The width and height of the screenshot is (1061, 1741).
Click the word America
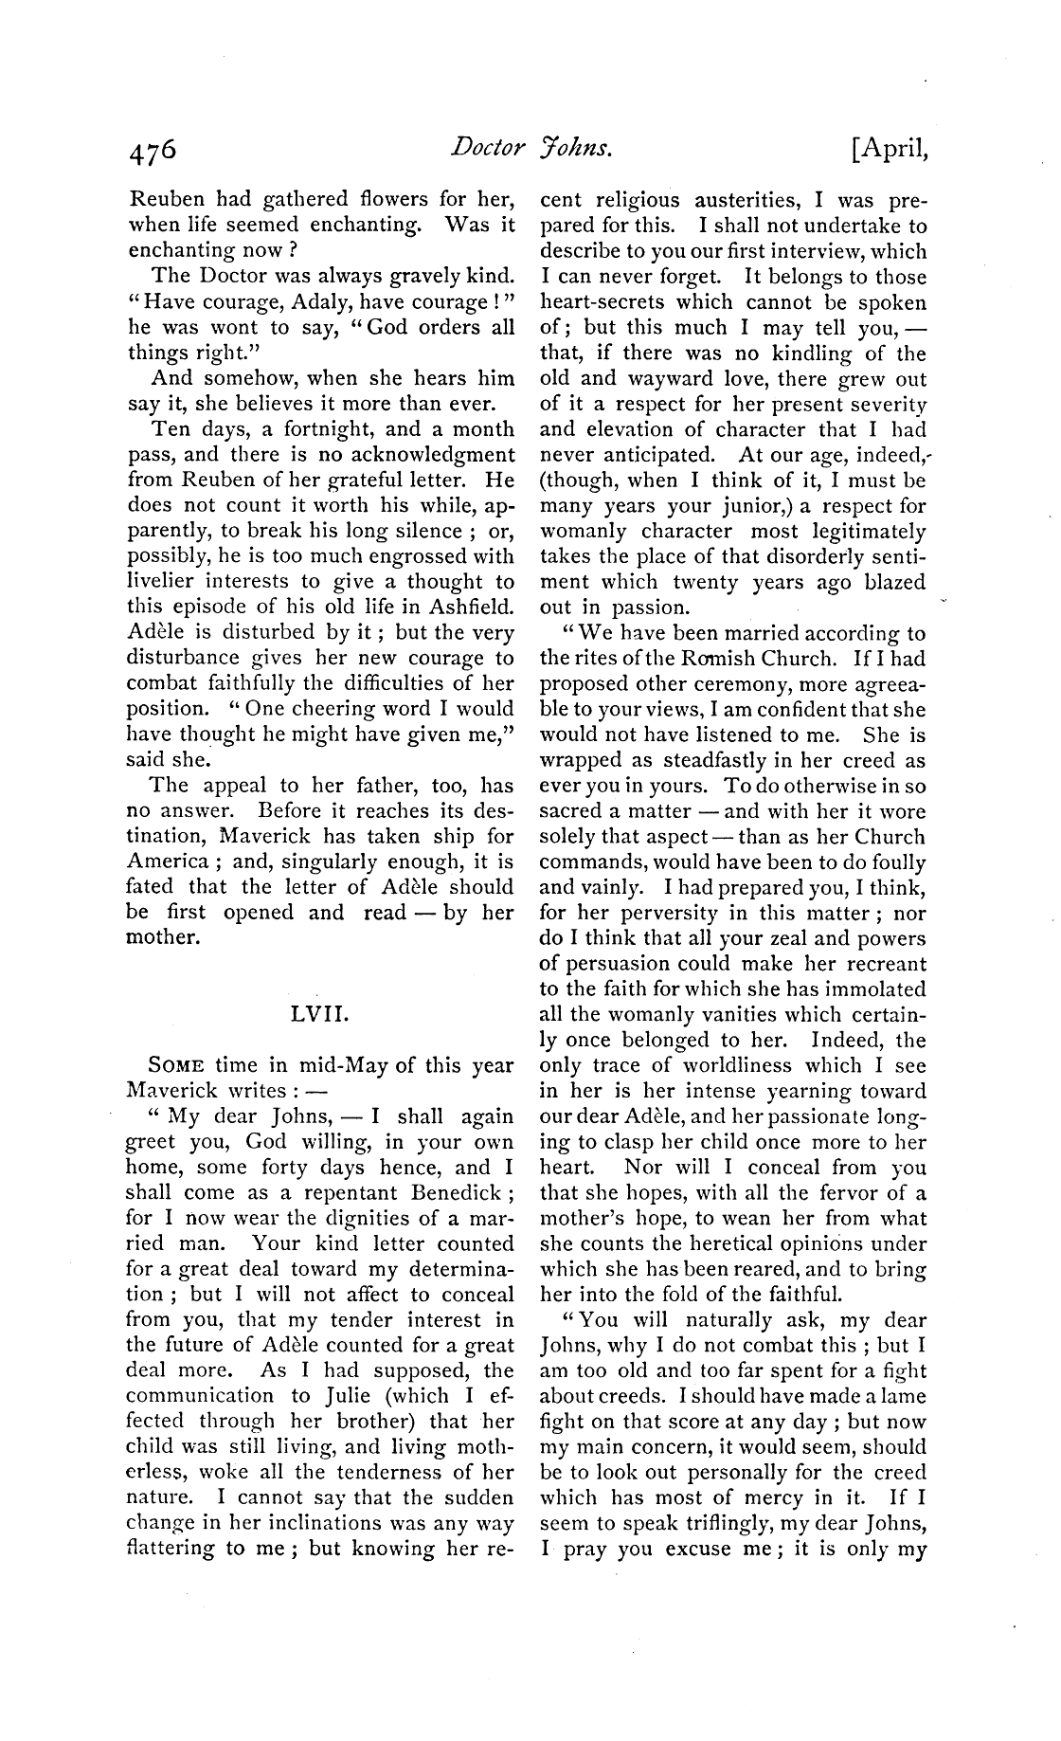[167, 862]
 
